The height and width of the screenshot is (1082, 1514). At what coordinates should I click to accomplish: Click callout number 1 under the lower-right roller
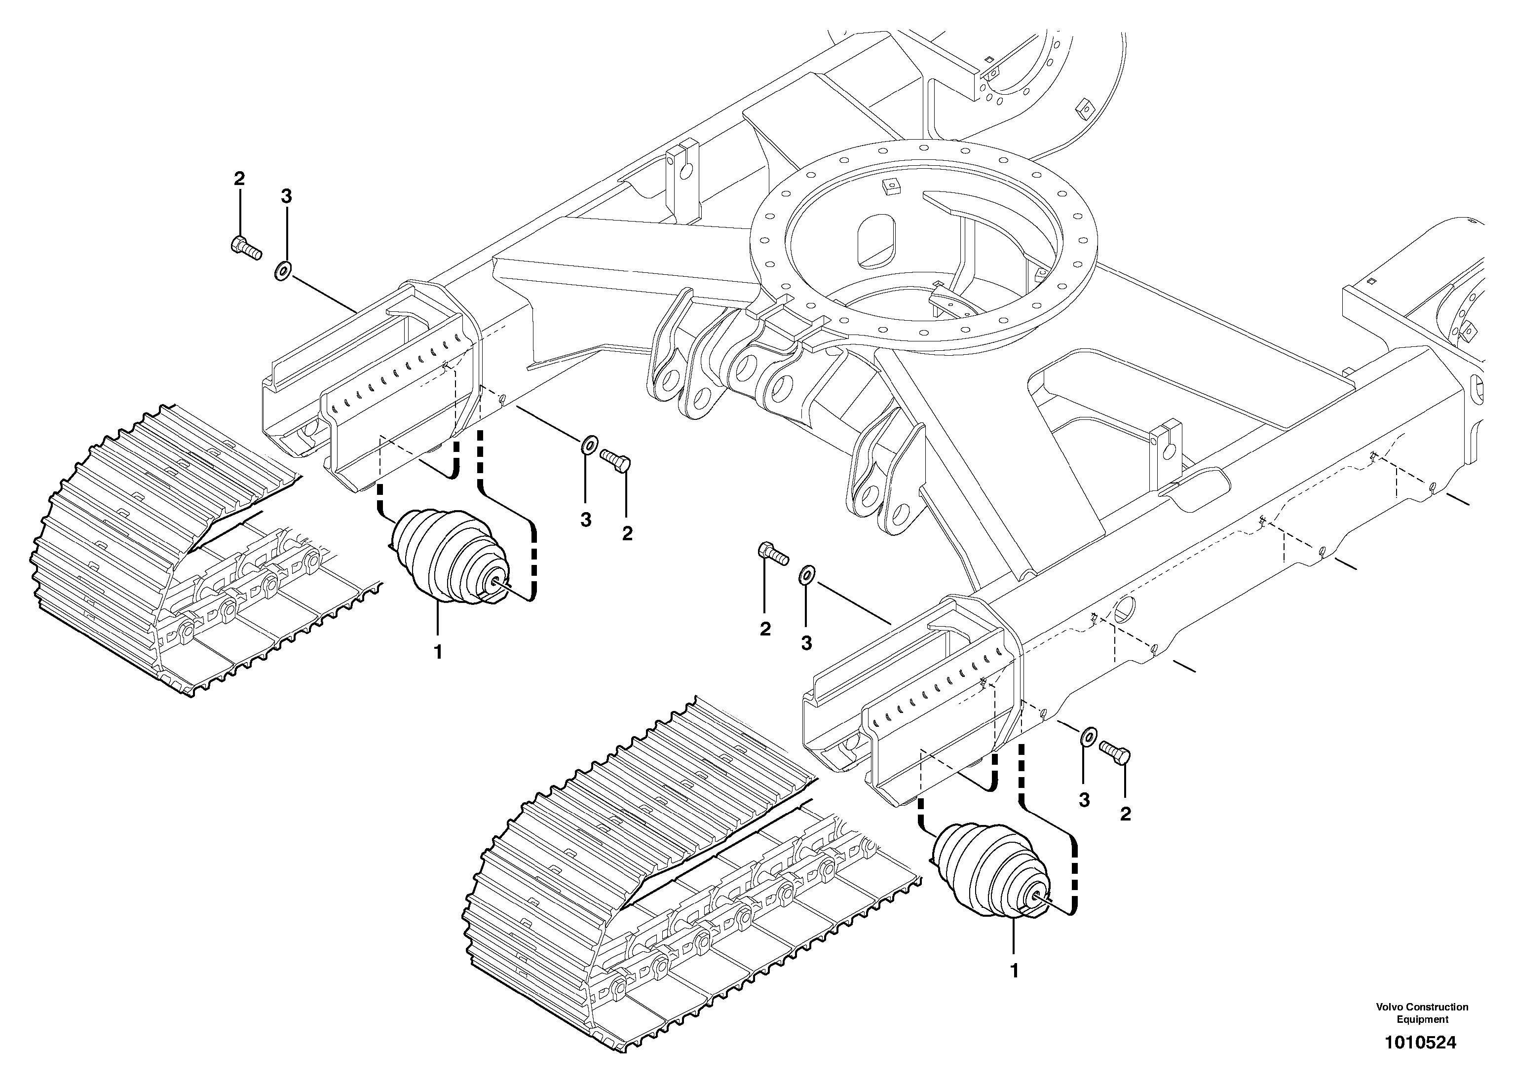point(1014,971)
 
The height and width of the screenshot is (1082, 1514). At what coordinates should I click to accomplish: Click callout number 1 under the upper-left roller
point(438,652)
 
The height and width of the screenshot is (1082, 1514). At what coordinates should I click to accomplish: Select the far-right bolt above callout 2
point(1116,752)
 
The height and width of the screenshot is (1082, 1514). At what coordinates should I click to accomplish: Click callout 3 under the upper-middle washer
point(585,520)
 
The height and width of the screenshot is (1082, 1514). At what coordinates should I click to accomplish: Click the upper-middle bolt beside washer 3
point(616,460)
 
